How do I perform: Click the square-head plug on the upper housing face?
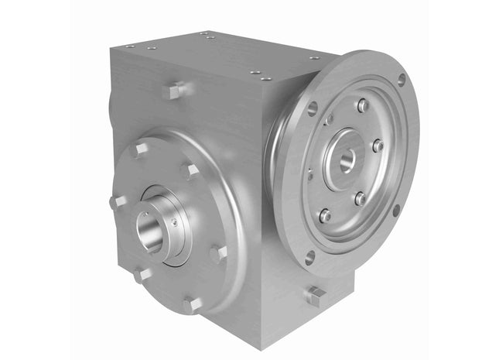point(173,91)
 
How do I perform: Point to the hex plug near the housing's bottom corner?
point(315,296)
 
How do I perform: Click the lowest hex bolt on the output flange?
point(190,304)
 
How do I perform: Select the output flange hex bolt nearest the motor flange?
point(219,252)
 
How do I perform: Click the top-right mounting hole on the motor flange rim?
point(402,80)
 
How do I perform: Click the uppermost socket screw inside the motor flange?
point(362,105)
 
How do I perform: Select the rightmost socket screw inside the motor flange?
point(378,145)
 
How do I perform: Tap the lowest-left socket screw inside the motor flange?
point(325,215)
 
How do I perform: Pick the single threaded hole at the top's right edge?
point(314,57)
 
